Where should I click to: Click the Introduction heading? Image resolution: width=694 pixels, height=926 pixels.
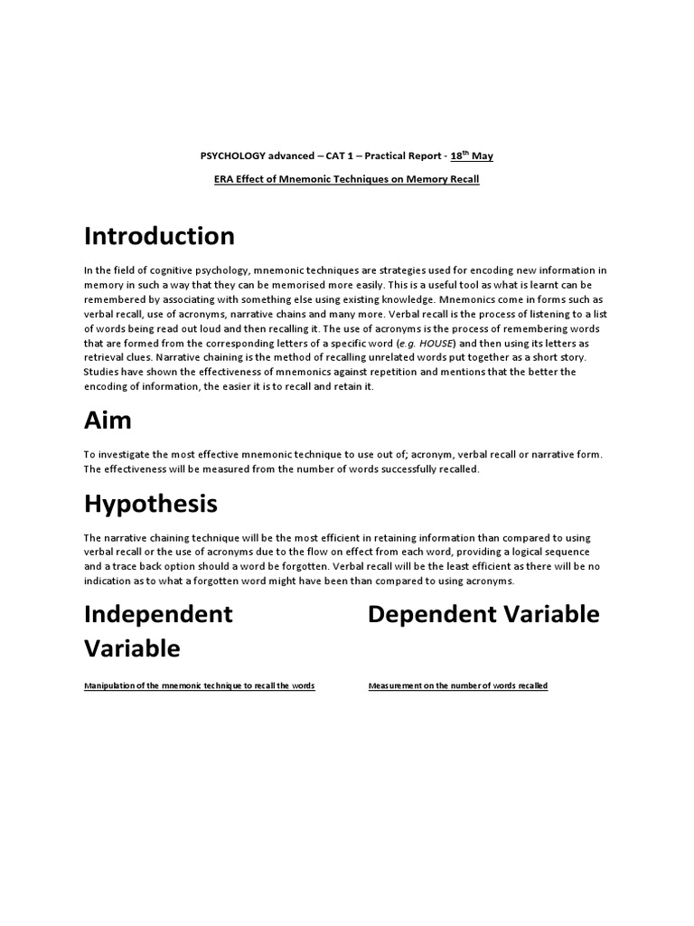click(159, 237)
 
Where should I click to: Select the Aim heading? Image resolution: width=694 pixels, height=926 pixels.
click(108, 420)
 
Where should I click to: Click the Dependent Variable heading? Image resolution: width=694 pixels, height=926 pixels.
click(483, 614)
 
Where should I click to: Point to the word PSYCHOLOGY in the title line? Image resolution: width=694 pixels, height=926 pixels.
click(230, 156)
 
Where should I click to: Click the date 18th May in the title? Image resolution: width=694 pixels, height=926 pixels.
click(472, 156)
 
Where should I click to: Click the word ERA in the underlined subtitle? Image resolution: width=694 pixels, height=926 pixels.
click(222, 179)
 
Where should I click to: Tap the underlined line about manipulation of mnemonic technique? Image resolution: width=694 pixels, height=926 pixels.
click(199, 686)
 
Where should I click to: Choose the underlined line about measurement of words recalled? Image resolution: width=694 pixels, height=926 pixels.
click(458, 686)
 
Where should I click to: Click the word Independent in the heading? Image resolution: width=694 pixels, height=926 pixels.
click(158, 614)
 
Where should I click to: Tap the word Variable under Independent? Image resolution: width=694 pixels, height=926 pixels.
click(132, 648)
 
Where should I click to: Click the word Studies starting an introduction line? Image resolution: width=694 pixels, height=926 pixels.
click(102, 372)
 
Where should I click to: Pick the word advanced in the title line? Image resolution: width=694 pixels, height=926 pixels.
click(284, 156)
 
